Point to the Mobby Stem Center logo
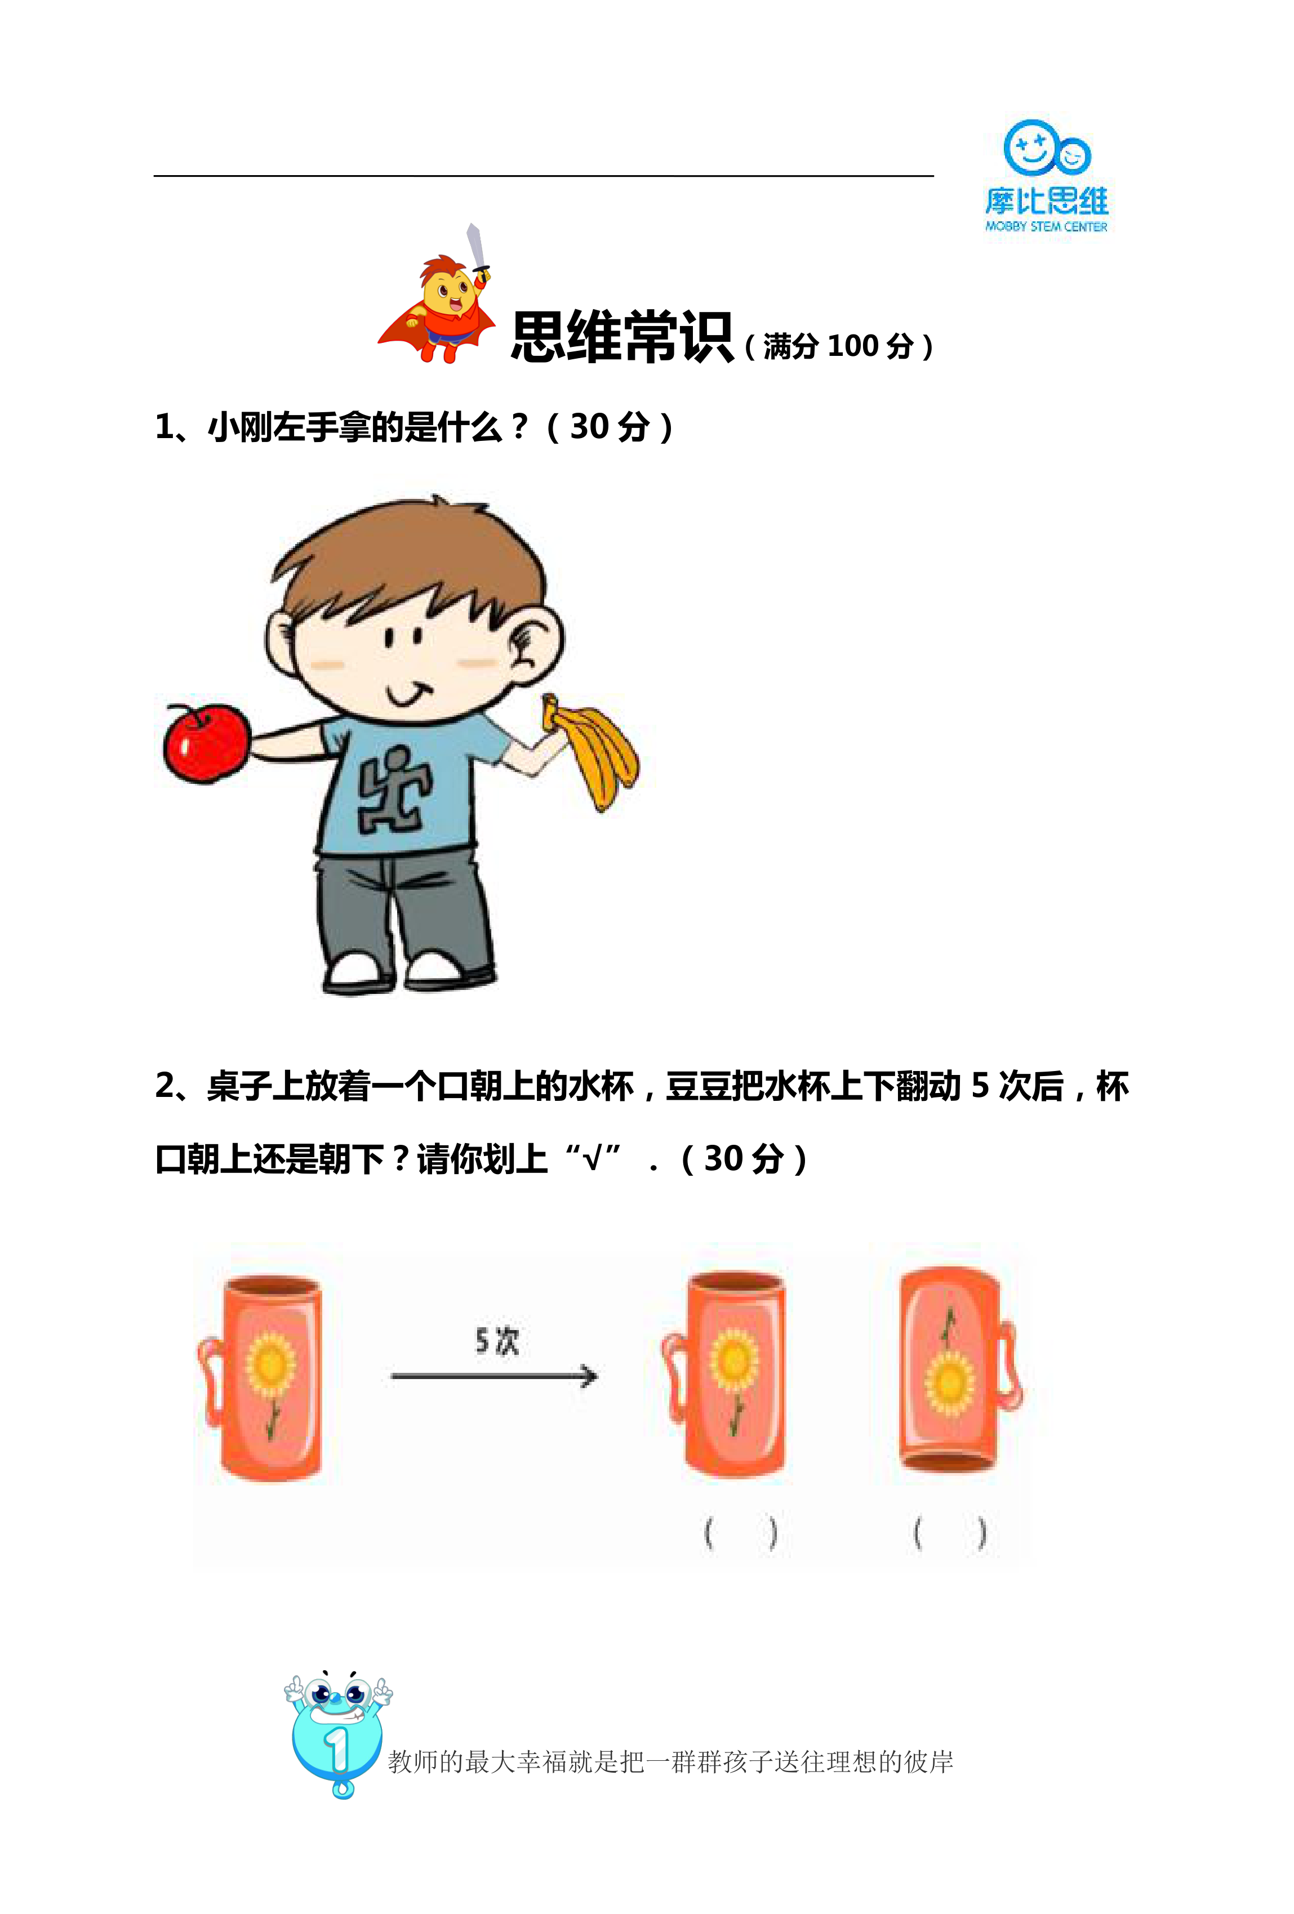pos(1047,176)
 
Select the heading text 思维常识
pos(622,337)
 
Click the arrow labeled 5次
pos(494,1375)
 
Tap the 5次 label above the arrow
pos(497,1341)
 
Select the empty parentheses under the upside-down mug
pos(950,1533)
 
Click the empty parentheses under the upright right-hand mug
pos(740,1533)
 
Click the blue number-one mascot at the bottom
pos(337,1734)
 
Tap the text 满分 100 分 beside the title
pos(838,346)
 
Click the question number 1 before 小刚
pos(164,427)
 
